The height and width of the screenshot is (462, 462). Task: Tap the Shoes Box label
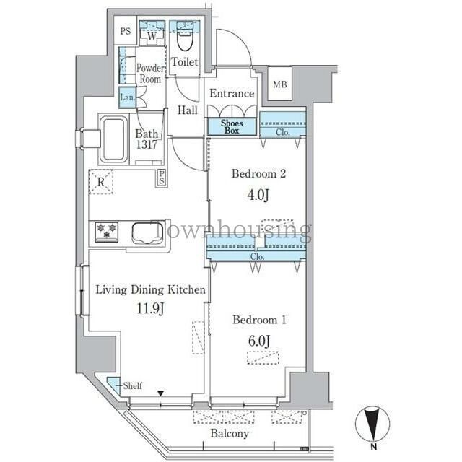click(231, 127)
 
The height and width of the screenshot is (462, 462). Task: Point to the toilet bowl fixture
click(186, 40)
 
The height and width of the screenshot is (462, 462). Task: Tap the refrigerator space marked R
click(101, 183)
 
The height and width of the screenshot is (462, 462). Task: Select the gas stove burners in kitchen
click(107, 232)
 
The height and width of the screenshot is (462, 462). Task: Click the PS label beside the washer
click(125, 32)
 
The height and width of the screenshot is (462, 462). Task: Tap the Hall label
click(187, 110)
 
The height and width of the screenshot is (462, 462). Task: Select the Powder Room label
click(149, 74)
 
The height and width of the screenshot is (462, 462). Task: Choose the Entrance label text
click(231, 93)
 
